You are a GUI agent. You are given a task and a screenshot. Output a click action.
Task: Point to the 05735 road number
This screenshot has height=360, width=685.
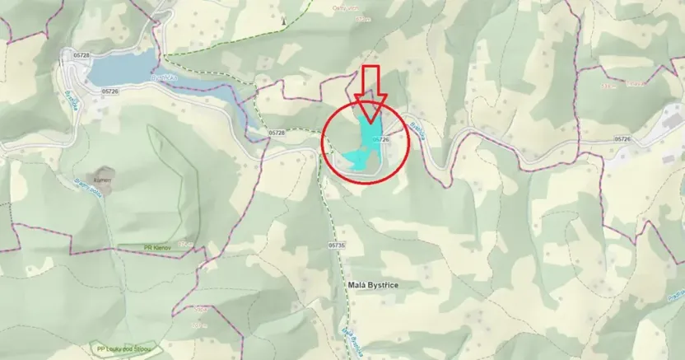[x=336, y=245]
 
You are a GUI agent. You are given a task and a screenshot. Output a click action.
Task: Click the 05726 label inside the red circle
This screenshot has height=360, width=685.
[x=380, y=140]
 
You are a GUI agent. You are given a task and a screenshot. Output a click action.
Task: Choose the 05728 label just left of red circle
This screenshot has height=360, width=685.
[x=277, y=132]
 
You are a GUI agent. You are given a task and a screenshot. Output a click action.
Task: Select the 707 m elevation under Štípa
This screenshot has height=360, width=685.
[x=198, y=326]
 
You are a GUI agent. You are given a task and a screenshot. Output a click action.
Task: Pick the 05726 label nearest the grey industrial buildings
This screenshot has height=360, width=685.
[x=622, y=139]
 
